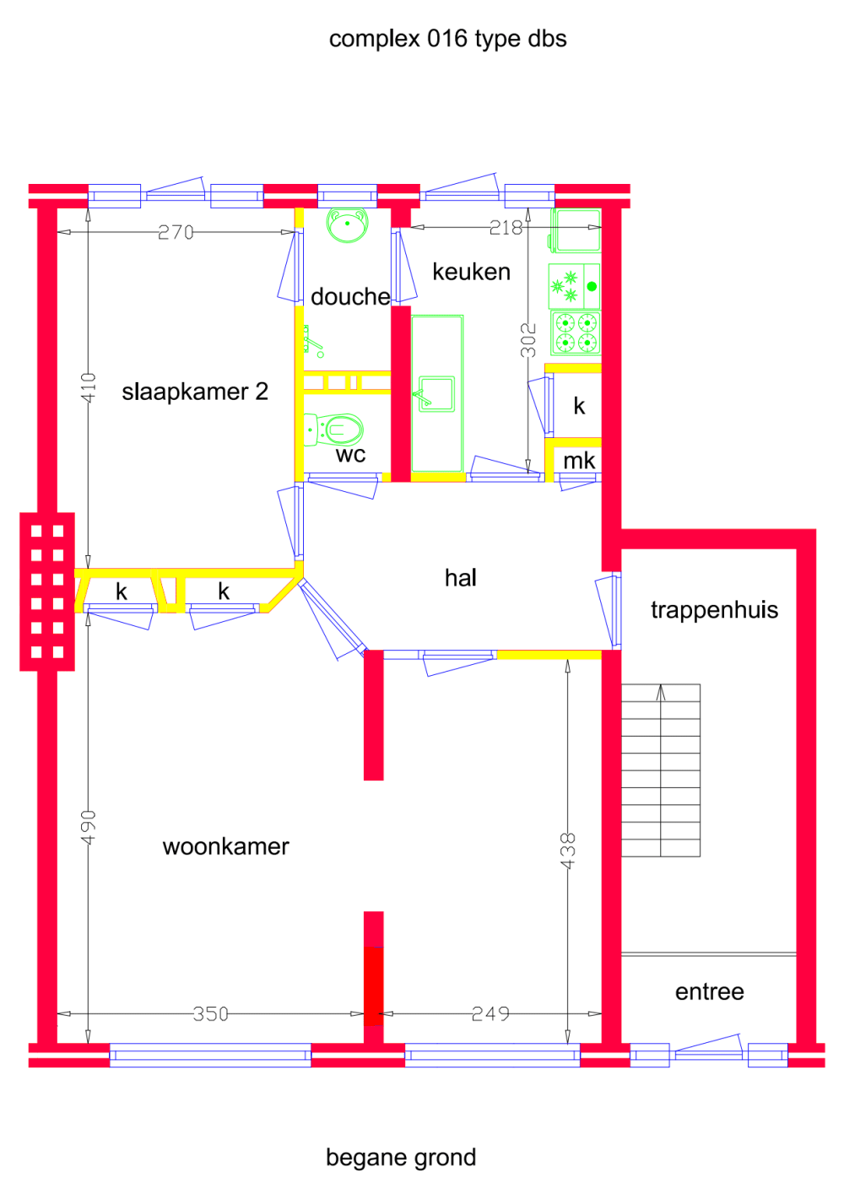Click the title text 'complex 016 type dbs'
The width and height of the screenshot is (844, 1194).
coord(447,39)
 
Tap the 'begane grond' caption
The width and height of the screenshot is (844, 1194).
coord(401,1157)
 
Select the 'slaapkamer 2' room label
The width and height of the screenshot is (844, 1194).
coord(195,392)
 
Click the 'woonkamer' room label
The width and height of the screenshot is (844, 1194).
coord(226,846)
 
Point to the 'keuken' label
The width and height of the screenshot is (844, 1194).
coord(471,272)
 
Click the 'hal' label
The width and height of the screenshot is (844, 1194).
coord(461,578)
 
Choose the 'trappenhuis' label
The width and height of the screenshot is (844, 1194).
coord(714,610)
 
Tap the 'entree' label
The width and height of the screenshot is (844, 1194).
coord(710,991)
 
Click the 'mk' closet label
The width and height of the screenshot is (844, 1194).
coord(579,461)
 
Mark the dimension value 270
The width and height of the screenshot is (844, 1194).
coord(176,232)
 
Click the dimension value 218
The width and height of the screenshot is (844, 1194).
coord(506,228)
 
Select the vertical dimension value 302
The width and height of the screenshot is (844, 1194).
coord(528,340)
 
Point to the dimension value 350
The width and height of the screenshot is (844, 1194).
coord(210,1013)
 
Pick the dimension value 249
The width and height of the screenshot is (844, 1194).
coord(490,1013)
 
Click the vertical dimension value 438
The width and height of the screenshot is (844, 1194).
coord(568,851)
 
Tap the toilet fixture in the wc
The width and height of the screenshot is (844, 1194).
coord(335,430)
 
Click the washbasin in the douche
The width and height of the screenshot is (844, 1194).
coord(347,225)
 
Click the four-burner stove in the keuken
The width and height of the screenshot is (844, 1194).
coord(575,332)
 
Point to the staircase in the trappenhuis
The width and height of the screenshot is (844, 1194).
coord(661,770)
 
